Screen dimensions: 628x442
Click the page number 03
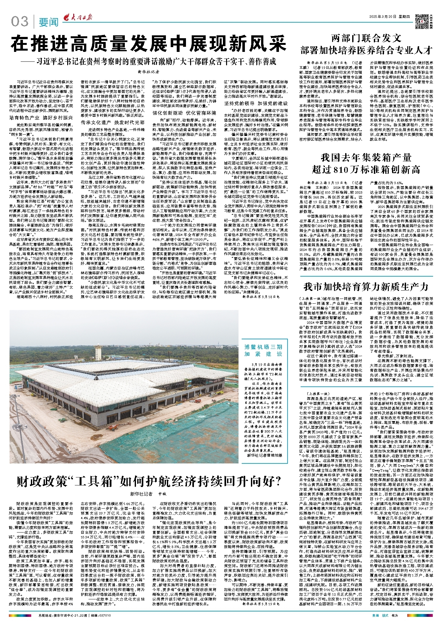19,22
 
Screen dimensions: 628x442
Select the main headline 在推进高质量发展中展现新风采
149,44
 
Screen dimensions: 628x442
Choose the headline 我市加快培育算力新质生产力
366,286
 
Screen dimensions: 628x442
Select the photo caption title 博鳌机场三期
263,347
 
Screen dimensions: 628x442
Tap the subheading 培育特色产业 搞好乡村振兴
41,118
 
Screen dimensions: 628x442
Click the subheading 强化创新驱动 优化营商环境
184,113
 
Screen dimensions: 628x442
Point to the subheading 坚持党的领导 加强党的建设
256,103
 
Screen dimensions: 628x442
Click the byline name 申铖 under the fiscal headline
162,494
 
